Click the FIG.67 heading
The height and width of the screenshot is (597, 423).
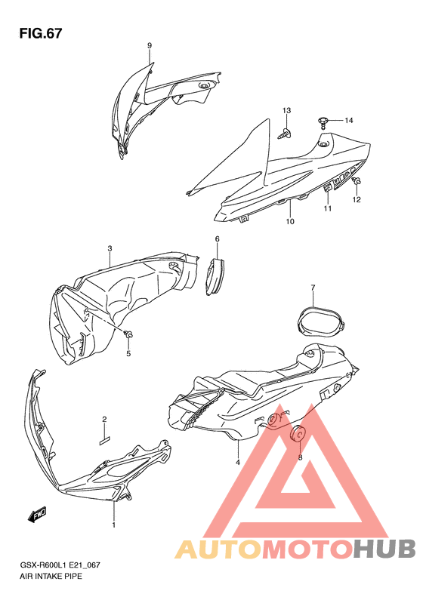click(x=40, y=33)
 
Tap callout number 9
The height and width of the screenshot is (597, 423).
click(x=150, y=46)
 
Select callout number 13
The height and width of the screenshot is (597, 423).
click(x=286, y=110)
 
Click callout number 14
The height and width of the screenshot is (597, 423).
click(x=349, y=121)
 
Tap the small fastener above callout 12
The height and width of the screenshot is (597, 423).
click(x=357, y=182)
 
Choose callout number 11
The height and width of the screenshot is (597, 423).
click(x=328, y=208)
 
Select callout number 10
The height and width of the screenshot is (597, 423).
click(x=290, y=221)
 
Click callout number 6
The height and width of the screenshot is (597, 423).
click(x=218, y=239)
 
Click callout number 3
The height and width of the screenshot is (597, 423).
click(x=110, y=249)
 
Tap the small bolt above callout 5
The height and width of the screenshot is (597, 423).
click(x=129, y=335)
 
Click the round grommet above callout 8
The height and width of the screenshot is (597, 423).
click(x=298, y=435)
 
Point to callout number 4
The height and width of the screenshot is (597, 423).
click(x=238, y=462)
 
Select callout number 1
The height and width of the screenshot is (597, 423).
click(x=113, y=525)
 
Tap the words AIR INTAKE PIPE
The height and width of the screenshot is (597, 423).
click(x=51, y=576)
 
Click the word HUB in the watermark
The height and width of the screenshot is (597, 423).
click(x=384, y=549)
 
